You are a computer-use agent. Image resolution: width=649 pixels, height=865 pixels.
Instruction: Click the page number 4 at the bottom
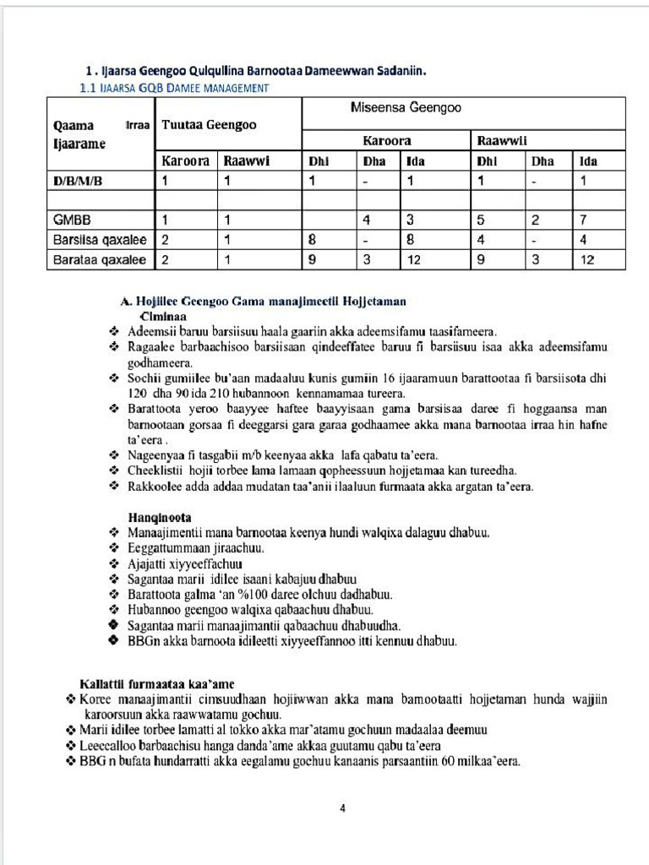pos(342,808)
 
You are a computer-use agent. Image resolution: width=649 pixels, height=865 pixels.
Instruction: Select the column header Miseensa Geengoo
pos(405,108)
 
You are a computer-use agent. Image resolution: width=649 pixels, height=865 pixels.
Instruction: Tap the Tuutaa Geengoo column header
pos(209,125)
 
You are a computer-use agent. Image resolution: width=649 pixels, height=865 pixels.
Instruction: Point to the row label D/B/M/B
pos(79,180)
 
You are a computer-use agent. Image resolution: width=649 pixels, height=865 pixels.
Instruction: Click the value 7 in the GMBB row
pos(584,220)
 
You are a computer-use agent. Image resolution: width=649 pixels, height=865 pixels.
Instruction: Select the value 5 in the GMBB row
pos(480,220)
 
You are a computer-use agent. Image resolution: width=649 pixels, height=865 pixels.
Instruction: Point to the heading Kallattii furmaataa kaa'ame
pos(157,683)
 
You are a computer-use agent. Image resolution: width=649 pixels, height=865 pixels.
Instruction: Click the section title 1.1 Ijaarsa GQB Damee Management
pos(174,88)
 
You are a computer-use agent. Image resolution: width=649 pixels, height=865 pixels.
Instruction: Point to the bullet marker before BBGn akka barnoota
pos(113,641)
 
